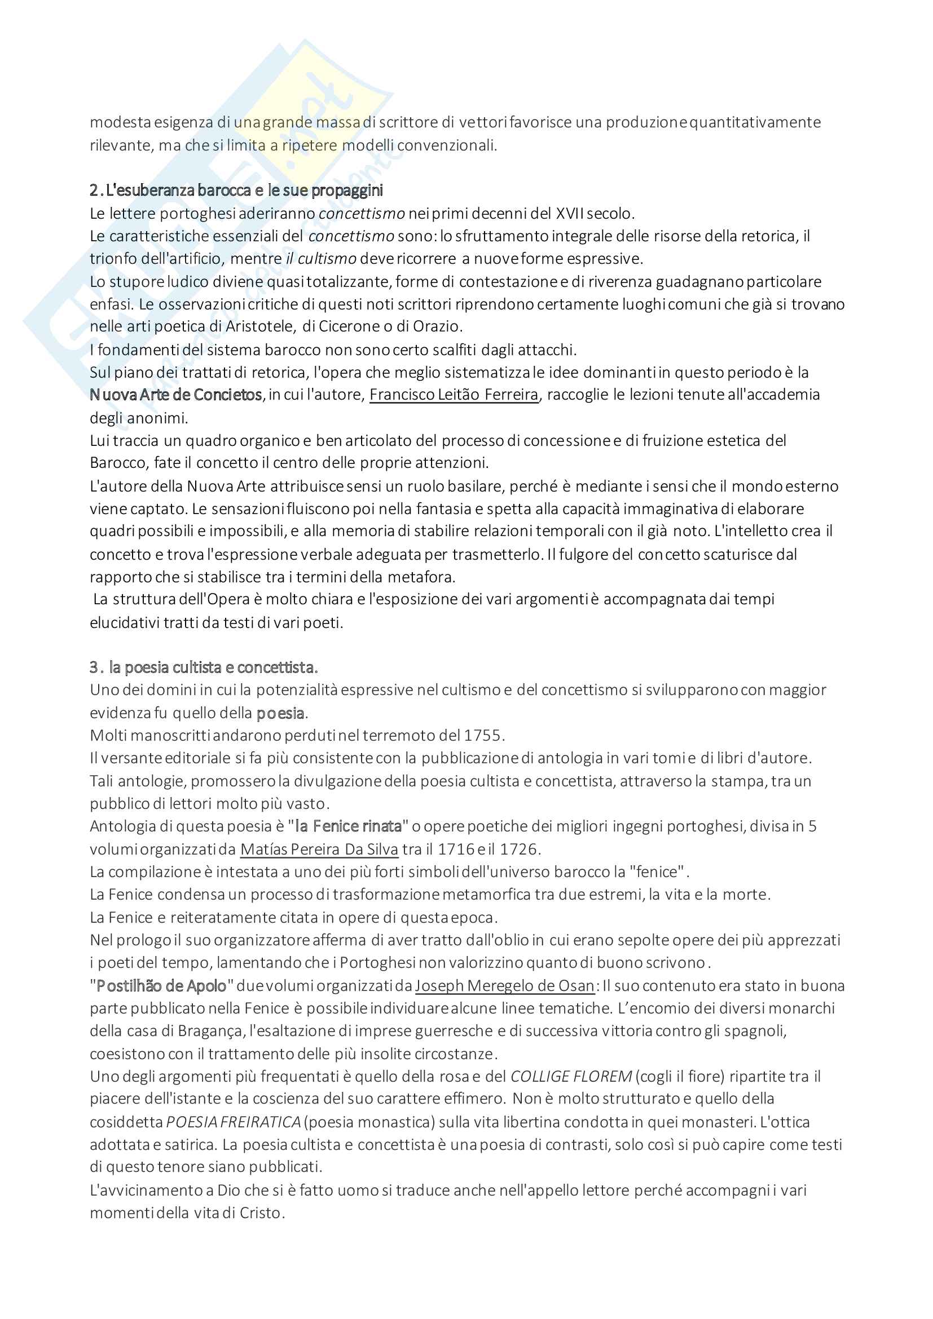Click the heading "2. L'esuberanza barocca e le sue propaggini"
[x=236, y=190]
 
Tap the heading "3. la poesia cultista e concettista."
[x=204, y=667]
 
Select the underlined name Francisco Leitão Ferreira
[x=454, y=395]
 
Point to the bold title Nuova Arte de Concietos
[x=176, y=395]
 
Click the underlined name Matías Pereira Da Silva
[x=319, y=849]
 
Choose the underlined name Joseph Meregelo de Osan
[x=505, y=986]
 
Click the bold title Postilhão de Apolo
[x=161, y=986]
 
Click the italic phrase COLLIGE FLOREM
[x=571, y=1077]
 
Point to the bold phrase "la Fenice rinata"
[x=348, y=826]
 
